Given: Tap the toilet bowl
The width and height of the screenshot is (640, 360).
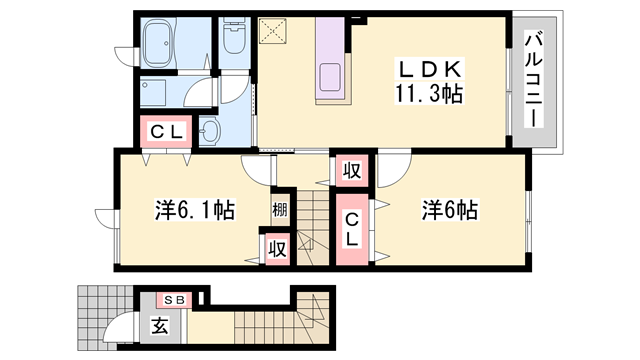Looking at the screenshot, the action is (x=235, y=41).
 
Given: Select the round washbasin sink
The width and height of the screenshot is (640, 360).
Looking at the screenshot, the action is (x=211, y=131).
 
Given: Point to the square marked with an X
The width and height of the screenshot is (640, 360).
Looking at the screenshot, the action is (x=272, y=33).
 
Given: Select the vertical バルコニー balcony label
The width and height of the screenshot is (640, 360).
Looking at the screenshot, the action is (x=532, y=81).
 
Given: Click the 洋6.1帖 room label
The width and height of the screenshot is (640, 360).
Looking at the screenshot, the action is (x=194, y=211).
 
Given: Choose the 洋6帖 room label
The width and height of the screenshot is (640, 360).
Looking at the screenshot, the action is (x=449, y=211).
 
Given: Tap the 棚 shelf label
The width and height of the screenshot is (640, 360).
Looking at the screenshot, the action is (x=279, y=211).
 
